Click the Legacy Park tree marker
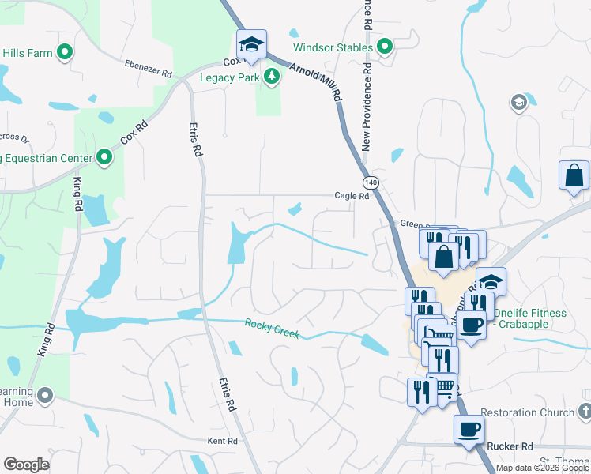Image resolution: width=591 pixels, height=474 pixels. click(272, 77)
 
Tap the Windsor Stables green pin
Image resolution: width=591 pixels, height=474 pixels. click(385, 47)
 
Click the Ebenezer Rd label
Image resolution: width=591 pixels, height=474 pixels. click(148, 69)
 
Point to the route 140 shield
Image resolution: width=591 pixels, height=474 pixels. click(372, 182)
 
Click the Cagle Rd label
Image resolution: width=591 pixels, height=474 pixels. click(352, 196)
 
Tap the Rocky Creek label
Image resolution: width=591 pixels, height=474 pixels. click(272, 327)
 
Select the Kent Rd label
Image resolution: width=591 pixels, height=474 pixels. click(222, 441)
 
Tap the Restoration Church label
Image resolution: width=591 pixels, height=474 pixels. click(527, 412)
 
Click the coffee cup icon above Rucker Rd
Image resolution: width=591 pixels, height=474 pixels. click(469, 430)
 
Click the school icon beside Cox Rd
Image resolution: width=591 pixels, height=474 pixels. click(251, 44)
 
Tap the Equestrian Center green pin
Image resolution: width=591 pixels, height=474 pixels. click(104, 158)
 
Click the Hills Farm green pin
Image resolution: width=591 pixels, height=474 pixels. click(65, 53)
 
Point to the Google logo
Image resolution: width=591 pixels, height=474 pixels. click(26, 465)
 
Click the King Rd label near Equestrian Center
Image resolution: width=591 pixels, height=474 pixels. click(77, 194)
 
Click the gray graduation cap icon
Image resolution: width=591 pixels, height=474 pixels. click(518, 102)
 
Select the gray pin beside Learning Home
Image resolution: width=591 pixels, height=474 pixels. click(46, 393)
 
